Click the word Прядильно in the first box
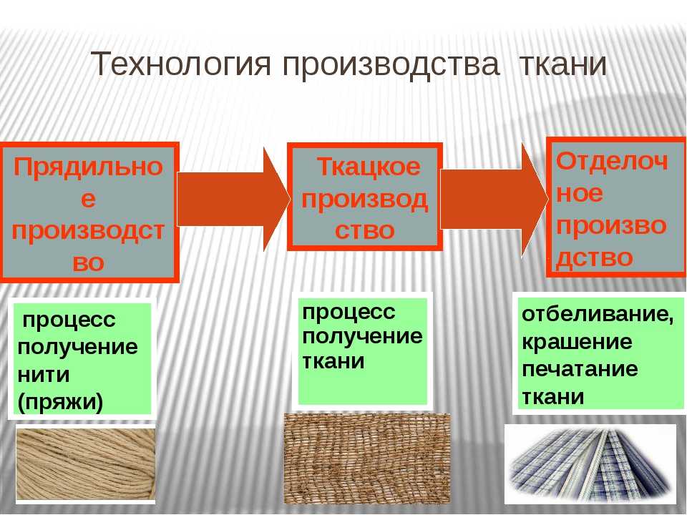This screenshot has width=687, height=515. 88,167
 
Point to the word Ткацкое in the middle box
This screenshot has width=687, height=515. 368,167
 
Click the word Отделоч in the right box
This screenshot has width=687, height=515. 612,161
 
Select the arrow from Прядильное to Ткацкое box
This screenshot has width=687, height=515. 233,199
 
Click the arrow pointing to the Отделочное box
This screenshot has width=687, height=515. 494,200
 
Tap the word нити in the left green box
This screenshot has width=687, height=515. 44,375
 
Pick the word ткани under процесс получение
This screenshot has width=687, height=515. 333,362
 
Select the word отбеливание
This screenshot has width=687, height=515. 598,315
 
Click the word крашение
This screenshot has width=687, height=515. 577,342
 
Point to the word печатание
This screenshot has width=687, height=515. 580,369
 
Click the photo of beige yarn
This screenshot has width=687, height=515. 86,463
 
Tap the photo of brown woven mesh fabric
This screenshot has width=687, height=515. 367,458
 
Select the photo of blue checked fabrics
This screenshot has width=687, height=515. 591,463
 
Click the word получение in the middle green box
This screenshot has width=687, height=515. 362,337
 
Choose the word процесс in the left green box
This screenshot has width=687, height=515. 69,320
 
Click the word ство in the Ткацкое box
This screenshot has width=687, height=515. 364,230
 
